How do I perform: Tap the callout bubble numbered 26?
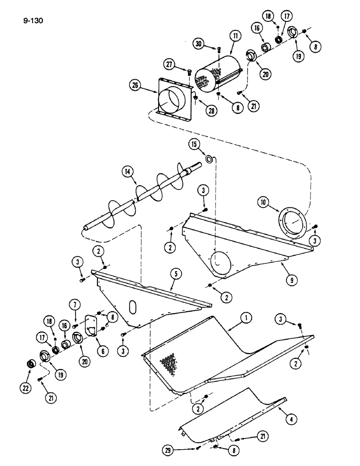[136, 85]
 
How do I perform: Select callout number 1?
[245, 318]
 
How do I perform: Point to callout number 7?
[75, 305]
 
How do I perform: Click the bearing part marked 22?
[31, 363]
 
